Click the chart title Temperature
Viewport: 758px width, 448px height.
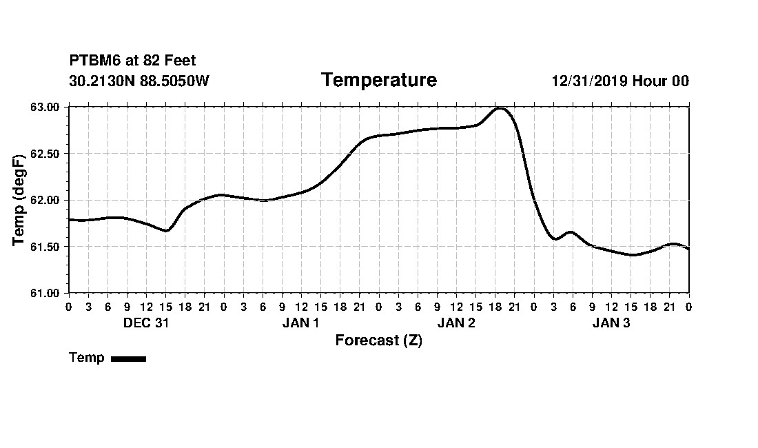[x=378, y=80]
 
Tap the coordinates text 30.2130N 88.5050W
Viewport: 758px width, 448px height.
[x=139, y=81]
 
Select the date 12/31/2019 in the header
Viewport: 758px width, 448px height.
[x=589, y=81]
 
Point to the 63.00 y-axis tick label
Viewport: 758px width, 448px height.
[x=45, y=107]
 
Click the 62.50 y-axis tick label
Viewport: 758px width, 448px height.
[x=45, y=153]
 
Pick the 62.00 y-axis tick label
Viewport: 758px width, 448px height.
[x=45, y=200]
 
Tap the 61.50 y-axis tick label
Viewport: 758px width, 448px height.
[x=45, y=246]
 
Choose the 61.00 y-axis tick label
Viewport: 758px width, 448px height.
[x=45, y=293]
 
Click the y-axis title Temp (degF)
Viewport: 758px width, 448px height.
[x=19, y=200]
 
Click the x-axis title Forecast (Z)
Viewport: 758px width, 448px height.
[x=378, y=340]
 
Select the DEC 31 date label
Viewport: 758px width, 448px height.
[x=145, y=323]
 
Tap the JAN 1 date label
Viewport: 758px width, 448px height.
[x=300, y=323]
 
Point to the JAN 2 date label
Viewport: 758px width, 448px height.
[x=456, y=323]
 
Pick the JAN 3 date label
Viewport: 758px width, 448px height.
[x=611, y=323]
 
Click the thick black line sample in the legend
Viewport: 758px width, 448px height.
[x=129, y=358]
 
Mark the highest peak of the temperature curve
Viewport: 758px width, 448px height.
[x=500, y=108]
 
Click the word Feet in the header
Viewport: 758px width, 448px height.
[x=180, y=61]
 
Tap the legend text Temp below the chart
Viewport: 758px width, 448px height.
[x=87, y=358]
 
